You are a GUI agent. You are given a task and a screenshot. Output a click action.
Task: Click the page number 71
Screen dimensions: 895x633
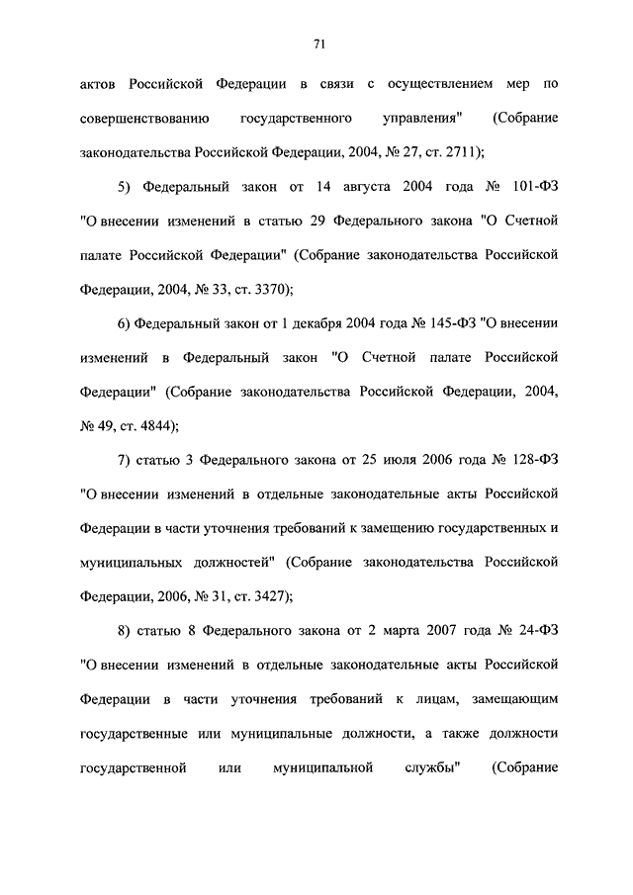tap(318, 44)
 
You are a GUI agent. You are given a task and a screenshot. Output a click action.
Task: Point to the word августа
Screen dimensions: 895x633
tap(330, 186)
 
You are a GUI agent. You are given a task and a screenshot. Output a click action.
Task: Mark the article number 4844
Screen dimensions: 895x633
tap(154, 424)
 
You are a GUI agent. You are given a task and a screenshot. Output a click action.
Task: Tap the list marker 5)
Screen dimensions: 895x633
tap(124, 186)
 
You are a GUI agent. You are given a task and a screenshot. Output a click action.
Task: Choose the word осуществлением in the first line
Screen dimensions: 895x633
tap(438, 84)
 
